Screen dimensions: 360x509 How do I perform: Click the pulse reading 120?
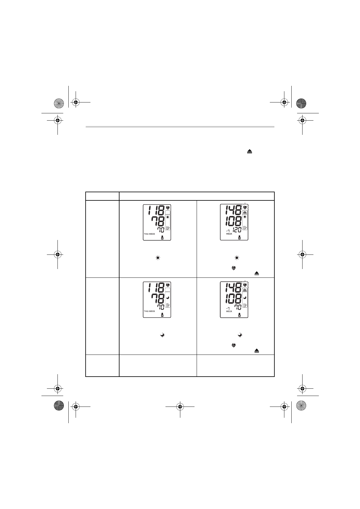[237, 230]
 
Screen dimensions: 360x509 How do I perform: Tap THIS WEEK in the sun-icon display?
[149, 234]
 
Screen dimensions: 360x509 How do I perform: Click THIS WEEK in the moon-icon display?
[149, 311]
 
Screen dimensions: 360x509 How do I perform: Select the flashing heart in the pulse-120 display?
[245, 207]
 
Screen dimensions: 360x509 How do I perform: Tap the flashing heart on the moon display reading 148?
[245, 284]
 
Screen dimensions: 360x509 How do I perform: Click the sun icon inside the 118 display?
[168, 217]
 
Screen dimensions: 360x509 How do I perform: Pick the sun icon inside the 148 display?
[245, 217]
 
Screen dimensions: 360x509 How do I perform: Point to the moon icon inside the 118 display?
[168, 298]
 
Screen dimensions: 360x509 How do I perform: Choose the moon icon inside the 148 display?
[245, 298]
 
